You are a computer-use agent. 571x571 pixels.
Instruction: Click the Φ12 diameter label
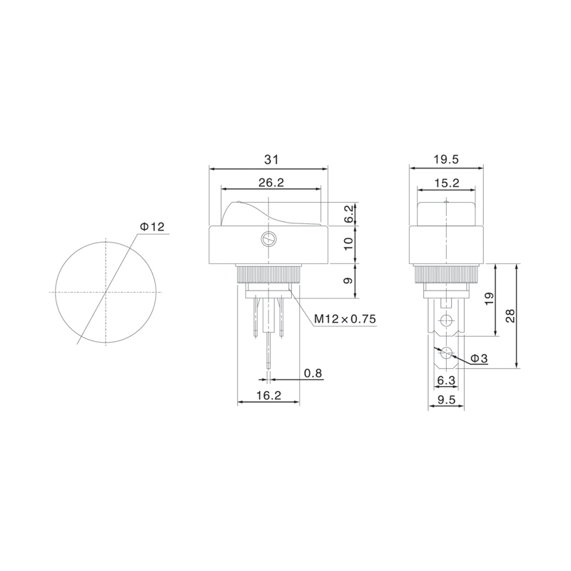pos(152,227)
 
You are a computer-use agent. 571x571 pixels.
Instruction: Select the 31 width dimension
pos(271,159)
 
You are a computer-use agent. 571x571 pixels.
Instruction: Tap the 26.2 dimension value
pos(271,183)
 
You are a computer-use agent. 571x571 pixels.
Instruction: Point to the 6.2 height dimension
pos(348,214)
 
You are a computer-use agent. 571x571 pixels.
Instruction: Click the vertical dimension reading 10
pos(348,243)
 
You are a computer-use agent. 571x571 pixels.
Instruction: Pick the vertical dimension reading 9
pos(348,281)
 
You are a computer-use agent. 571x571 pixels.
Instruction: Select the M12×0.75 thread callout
pos(345,319)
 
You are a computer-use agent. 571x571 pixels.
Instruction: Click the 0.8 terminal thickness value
pos(313,373)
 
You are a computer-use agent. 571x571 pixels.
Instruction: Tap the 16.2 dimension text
pos(268,395)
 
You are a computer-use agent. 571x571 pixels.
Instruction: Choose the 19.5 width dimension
pos(446,159)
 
